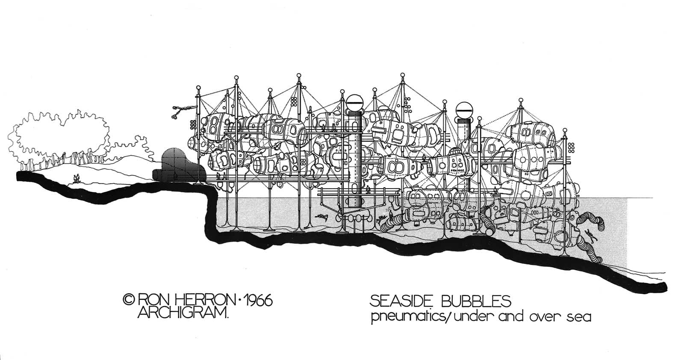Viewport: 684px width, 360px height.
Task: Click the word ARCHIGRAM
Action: point(183,313)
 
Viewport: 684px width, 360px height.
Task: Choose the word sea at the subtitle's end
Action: point(580,318)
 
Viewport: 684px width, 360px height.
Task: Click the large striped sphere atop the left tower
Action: point(354,102)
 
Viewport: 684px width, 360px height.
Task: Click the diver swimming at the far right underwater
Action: point(590,235)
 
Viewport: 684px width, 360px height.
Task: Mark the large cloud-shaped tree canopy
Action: point(60,135)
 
